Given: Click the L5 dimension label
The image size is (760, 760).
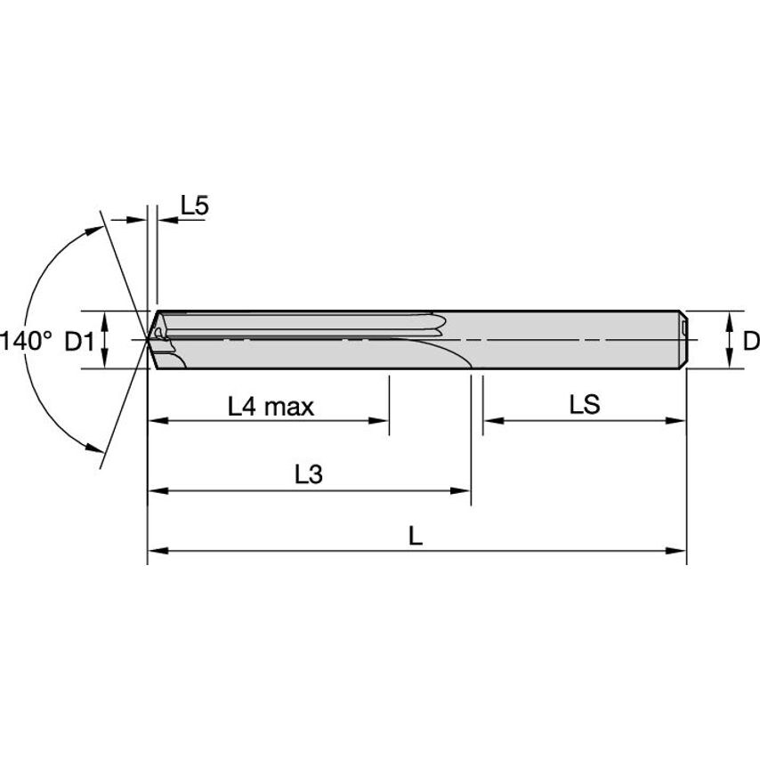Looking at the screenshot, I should click(194, 206).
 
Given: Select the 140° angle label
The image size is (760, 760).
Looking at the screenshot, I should click(27, 340).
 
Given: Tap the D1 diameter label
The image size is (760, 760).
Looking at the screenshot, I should click(80, 340).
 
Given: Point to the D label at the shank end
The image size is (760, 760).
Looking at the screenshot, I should click(750, 340).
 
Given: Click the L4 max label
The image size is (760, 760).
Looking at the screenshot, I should click(271, 408).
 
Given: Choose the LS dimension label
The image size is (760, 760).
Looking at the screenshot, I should click(585, 405).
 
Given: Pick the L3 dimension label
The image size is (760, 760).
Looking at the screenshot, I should click(308, 475).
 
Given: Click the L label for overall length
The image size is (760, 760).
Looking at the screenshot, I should click(415, 537).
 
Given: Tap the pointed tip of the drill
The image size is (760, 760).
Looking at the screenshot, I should click(149, 339).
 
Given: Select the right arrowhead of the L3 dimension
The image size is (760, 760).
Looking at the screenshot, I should click(463, 489).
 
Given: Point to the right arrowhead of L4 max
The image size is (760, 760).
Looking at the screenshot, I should click(382, 421).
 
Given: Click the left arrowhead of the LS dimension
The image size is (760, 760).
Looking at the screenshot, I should click(490, 421).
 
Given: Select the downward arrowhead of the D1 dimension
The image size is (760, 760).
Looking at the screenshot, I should click(106, 360).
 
